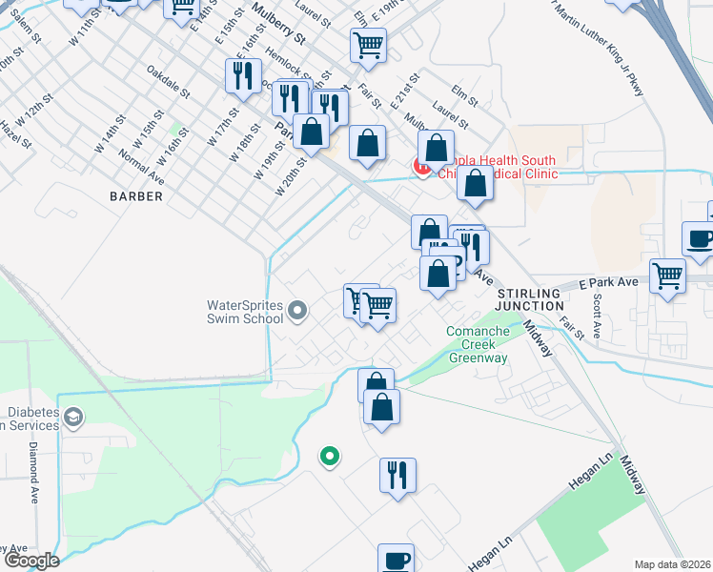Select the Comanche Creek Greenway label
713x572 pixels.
[x=478, y=344]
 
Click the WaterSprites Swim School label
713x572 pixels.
[x=246, y=312]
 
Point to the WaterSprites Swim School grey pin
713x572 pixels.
[x=298, y=311]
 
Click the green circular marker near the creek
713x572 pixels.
[x=330, y=457]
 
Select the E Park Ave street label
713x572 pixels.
[x=611, y=284]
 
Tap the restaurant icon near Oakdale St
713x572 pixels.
[x=243, y=75]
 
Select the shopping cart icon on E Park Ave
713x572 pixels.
[x=668, y=276]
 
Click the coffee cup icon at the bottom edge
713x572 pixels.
[x=396, y=560]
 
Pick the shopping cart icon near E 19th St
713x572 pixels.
[x=368, y=44]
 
